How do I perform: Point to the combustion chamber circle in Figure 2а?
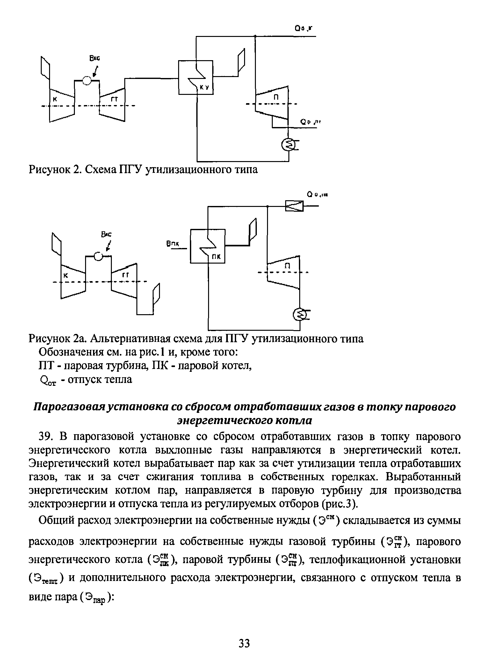[98, 256]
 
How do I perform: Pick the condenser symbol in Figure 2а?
[300, 315]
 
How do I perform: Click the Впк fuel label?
[172, 244]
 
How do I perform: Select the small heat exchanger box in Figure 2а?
[294, 206]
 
